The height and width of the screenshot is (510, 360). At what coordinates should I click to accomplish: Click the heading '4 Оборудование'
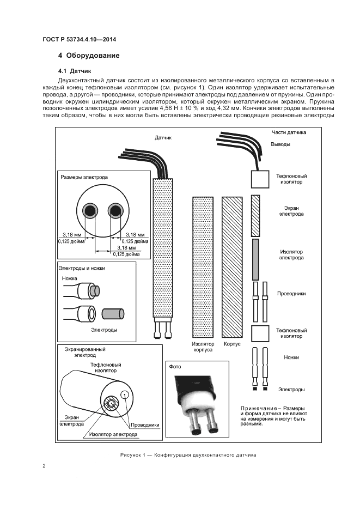(89, 56)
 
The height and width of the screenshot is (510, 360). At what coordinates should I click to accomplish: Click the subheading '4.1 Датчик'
(75, 71)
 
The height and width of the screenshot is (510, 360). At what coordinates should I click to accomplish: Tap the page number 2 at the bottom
(44, 465)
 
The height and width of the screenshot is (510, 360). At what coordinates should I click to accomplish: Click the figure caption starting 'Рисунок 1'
(187, 454)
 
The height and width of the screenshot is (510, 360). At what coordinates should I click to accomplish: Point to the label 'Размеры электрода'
(84, 177)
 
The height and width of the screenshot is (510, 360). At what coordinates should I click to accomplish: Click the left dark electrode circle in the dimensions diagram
(88, 210)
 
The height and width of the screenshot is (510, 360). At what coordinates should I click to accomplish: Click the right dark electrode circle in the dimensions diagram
(115, 210)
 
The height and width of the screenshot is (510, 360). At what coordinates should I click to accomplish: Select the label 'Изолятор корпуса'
(203, 347)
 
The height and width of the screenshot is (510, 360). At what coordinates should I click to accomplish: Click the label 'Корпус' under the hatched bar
(231, 344)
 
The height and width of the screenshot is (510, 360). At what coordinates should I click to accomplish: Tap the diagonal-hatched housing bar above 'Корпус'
(231, 267)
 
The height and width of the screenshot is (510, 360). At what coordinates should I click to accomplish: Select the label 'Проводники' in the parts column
(291, 293)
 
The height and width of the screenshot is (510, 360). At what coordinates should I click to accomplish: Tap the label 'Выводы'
(280, 144)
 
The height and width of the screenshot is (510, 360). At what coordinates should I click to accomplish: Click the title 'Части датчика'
(289, 132)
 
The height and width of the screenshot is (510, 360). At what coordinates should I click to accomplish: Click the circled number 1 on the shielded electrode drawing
(125, 395)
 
